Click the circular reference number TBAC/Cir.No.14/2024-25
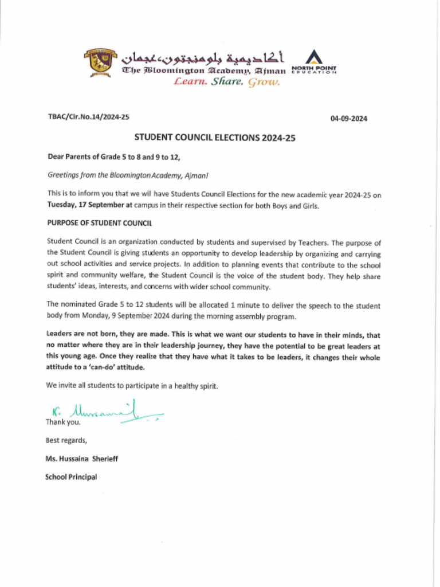click(88, 117)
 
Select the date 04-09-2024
click(348, 119)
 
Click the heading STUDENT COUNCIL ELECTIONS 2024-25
click(214, 138)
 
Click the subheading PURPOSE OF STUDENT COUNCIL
click(99, 224)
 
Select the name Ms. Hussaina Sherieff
click(82, 459)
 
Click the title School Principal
click(71, 477)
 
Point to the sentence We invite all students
click(132, 386)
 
